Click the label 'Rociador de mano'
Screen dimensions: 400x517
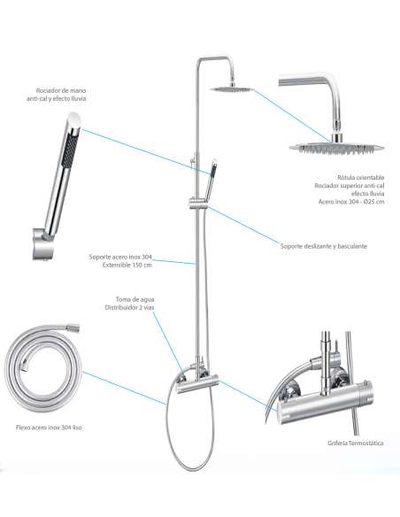[61, 90]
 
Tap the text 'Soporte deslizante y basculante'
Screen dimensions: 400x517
[324, 246]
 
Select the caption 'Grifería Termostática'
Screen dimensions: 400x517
[356, 443]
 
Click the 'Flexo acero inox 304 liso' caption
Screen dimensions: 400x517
[49, 428]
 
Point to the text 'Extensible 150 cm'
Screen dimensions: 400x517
[127, 265]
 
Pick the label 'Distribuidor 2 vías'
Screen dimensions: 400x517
[129, 307]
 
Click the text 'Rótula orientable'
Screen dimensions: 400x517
[360, 178]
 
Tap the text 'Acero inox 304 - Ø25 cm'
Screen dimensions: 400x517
[351, 202]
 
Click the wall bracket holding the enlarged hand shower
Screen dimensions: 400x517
[42, 244]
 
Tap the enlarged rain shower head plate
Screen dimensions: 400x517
[337, 147]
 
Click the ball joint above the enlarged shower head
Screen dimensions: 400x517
[337, 137]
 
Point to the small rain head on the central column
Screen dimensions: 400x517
[232, 89]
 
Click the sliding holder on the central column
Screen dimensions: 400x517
[197, 202]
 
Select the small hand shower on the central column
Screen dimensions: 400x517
[211, 180]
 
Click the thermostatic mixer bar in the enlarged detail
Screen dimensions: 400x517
[325, 402]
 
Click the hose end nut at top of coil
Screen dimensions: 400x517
[73, 328]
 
